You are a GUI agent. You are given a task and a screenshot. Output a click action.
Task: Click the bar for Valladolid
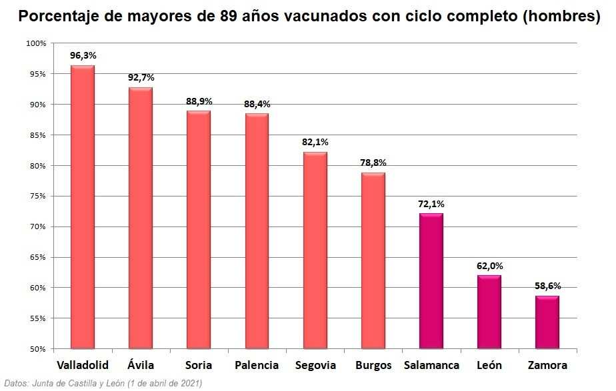click(83, 206)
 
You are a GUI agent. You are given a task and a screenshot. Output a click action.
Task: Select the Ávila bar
click(141, 218)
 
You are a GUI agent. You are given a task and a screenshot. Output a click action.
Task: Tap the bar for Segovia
click(315, 250)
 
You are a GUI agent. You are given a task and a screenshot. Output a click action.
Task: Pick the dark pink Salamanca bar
click(431, 280)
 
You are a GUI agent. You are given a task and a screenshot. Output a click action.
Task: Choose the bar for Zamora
click(548, 322)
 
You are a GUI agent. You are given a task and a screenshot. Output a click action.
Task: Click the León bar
click(489, 312)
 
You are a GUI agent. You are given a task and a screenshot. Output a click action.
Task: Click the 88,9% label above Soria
click(199, 101)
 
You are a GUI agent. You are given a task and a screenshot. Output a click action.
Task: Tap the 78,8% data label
click(373, 163)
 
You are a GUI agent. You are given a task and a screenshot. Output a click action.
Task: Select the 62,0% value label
click(489, 266)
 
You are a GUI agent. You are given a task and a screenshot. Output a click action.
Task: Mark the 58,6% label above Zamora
click(548, 286)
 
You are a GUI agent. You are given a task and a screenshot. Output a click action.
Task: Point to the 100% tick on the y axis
click(35, 43)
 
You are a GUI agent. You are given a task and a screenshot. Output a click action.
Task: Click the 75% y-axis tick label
click(37, 196)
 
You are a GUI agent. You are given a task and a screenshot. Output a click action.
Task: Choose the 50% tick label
click(37, 348)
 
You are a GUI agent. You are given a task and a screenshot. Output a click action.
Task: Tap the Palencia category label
click(257, 365)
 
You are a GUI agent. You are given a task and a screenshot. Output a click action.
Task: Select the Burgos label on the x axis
click(373, 365)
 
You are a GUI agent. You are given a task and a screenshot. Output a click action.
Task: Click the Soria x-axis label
click(199, 365)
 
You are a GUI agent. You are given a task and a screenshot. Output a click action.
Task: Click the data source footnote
click(103, 383)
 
